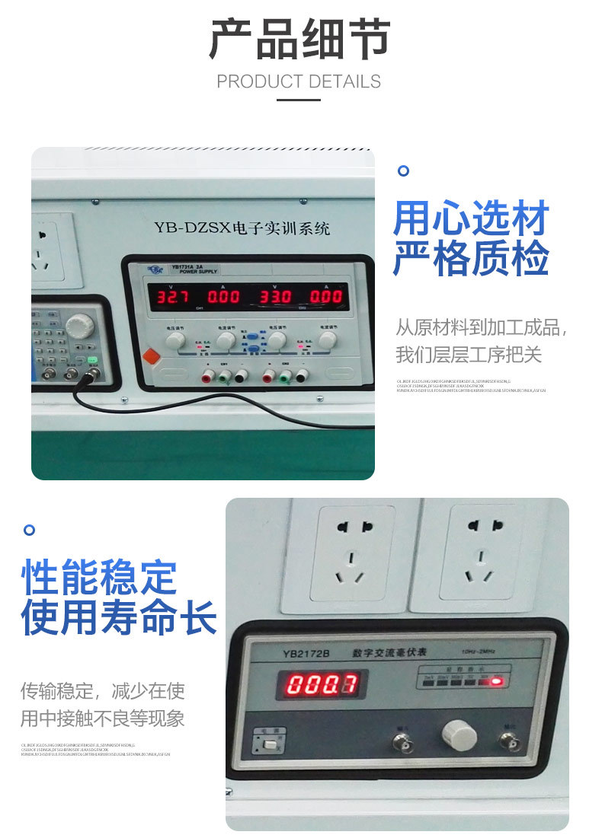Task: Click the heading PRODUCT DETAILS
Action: [299, 81]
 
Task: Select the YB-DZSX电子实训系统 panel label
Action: [242, 228]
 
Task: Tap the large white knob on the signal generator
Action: [78, 327]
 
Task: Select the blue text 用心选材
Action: [471, 219]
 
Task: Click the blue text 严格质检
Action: [471, 258]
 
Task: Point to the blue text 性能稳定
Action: [99, 578]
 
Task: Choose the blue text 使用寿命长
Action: [118, 617]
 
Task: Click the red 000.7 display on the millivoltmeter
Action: [321, 684]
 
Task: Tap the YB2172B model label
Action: [305, 653]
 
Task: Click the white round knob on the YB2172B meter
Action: [459, 735]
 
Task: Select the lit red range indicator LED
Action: [497, 680]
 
